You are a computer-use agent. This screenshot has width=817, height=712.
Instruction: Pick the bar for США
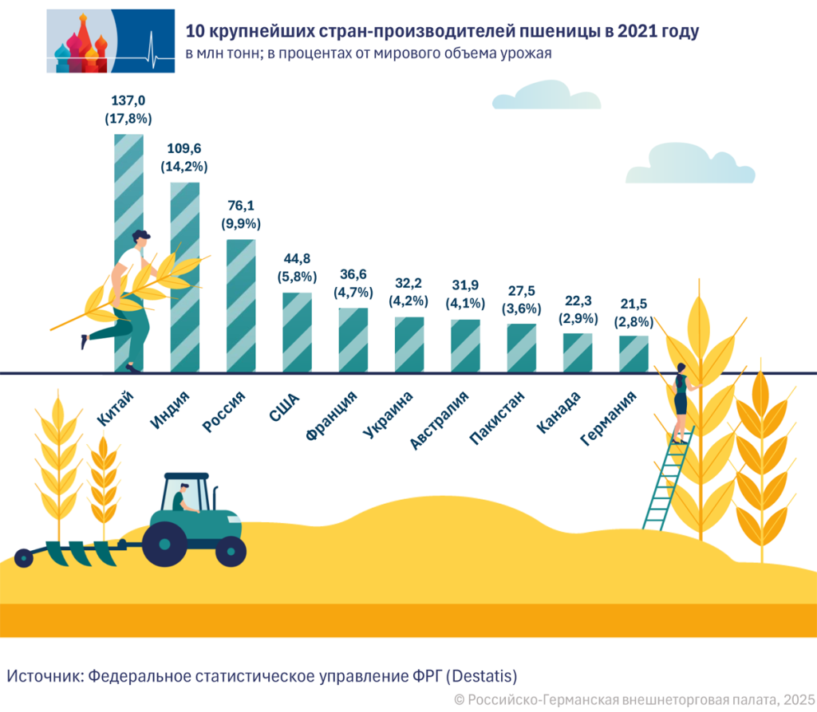tap(297, 332)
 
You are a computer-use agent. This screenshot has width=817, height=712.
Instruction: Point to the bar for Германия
tap(633, 353)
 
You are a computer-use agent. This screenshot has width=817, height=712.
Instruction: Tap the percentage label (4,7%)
tap(353, 292)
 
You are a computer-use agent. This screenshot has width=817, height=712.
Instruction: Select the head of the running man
tap(140, 238)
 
